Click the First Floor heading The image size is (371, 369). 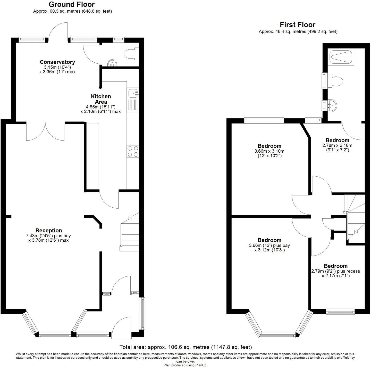tap(298, 25)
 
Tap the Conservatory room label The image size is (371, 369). tap(57, 62)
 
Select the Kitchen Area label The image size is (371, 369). tap(101, 99)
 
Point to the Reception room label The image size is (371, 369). tap(49, 231)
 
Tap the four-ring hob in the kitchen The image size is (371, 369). tap(133, 151)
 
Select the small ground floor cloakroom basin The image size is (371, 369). tap(112, 63)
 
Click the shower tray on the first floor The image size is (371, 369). tap(341, 57)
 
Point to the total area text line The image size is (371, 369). tap(185, 347)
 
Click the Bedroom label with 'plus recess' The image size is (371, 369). tap(336, 266)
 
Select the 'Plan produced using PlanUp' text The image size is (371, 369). tap(185, 365)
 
